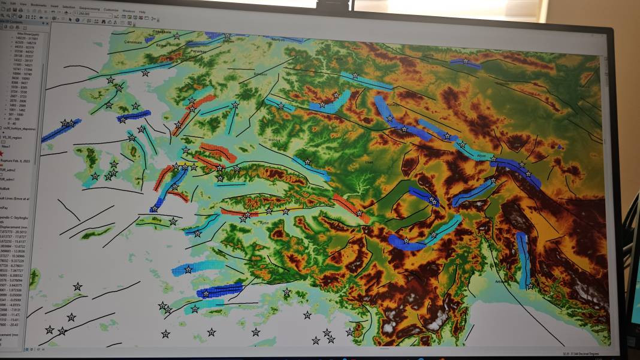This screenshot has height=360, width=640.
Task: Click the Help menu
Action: click(x=142, y=11)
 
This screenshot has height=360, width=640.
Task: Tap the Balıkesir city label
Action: click(x=260, y=74)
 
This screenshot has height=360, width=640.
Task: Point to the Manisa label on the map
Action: click(x=274, y=140)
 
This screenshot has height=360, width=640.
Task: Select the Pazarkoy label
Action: click(x=198, y=52)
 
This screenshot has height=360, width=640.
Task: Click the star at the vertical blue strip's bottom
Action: click(x=530, y=286)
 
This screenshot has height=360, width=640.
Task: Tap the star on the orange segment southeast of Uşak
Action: click(x=359, y=213)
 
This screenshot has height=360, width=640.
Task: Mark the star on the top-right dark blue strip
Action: click(x=466, y=61)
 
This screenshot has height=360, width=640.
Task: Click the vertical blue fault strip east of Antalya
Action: click(x=524, y=261)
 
